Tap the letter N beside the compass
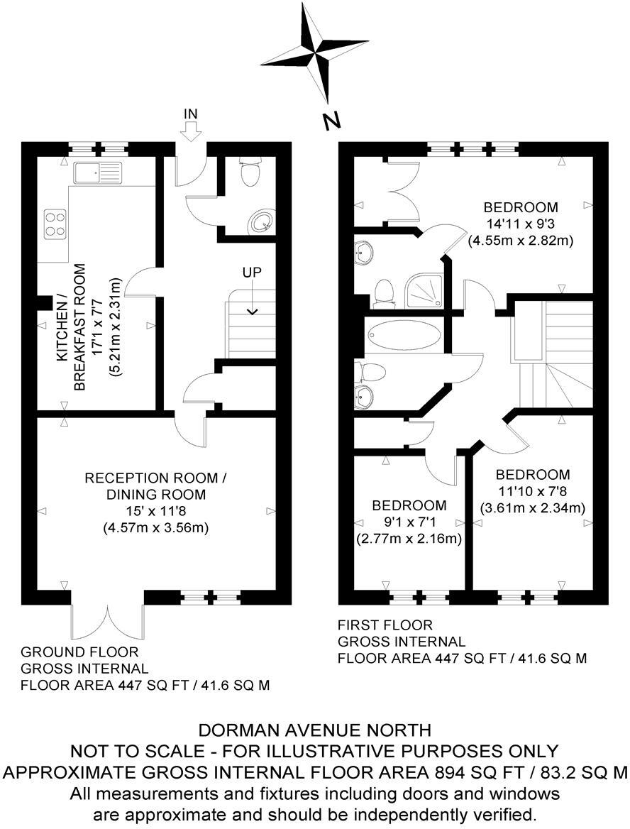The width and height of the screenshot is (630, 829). [x=331, y=122]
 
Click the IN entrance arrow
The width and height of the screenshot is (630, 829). [x=191, y=132]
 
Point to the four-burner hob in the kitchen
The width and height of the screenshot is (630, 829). [x=55, y=224]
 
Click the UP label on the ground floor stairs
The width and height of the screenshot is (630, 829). [x=252, y=273]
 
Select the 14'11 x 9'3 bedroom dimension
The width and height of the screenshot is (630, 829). [x=520, y=224]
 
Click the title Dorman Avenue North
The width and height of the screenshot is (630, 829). [x=314, y=730]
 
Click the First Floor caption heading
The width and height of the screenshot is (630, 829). [x=385, y=625]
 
